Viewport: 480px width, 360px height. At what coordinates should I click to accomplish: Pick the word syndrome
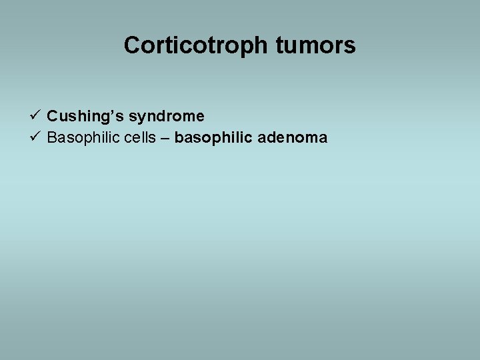coord(167,117)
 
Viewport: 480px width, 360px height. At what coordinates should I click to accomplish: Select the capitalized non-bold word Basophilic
coord(83,139)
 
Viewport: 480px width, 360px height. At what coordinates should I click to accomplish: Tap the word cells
coord(139,139)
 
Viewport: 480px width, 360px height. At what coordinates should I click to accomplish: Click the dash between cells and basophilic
coord(165,139)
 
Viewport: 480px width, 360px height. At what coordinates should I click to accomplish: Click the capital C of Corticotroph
coord(132,45)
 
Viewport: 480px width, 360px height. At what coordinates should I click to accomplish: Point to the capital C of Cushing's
coord(53,117)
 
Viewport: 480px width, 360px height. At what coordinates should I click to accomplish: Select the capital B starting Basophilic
coord(52,139)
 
